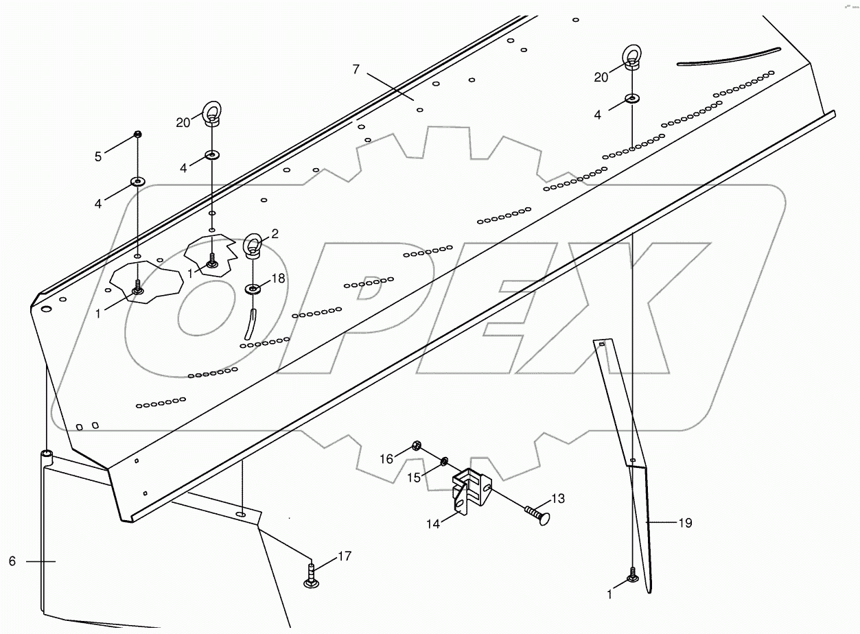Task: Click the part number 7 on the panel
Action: [x=356, y=69]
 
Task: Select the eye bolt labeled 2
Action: [x=253, y=246]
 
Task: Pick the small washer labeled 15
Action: [x=445, y=460]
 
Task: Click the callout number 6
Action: [x=12, y=561]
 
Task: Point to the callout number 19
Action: [x=685, y=524]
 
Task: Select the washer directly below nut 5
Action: [x=137, y=182]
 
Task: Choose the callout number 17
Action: [x=345, y=556]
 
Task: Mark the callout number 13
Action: [x=558, y=499]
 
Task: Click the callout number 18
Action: [x=277, y=279]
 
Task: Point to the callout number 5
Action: [x=98, y=157]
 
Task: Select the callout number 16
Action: [x=386, y=459]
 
